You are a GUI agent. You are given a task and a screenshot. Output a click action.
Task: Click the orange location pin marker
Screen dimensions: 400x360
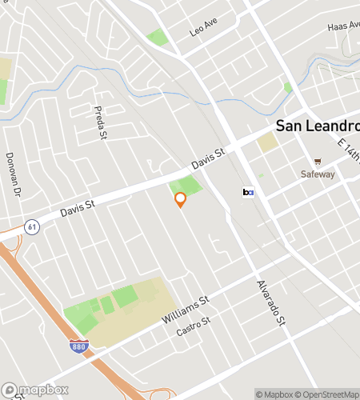click(x=180, y=199)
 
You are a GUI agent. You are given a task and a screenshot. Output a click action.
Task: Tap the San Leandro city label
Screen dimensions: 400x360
click(x=317, y=126)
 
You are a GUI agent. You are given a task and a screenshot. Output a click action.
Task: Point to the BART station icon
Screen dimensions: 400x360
click(x=248, y=192)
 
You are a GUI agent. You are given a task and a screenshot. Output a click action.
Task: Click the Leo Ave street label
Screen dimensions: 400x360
click(x=203, y=28)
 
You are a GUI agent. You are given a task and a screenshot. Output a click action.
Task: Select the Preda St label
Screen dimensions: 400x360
click(x=101, y=122)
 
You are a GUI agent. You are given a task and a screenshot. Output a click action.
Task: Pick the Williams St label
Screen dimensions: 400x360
click(x=185, y=310)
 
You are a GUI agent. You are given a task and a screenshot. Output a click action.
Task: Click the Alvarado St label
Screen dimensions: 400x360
click(x=271, y=302)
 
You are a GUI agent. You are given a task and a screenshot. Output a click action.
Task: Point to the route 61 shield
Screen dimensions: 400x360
click(x=31, y=226)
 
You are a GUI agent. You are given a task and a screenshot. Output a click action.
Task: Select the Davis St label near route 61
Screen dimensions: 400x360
click(x=78, y=210)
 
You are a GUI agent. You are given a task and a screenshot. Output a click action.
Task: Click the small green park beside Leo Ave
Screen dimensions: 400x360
click(x=158, y=37)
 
